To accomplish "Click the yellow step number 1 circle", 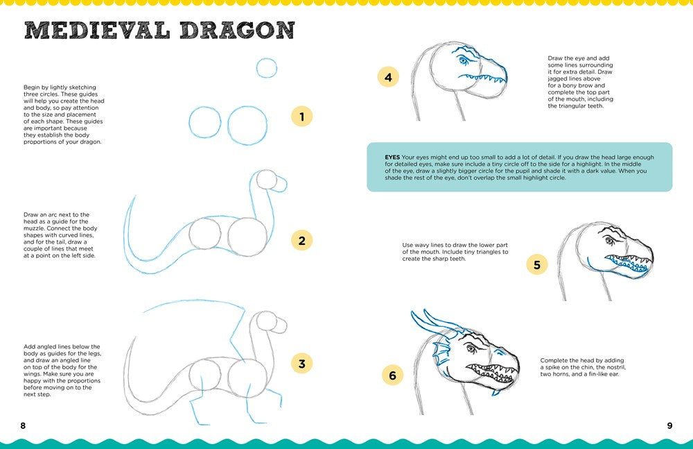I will [x=302, y=116].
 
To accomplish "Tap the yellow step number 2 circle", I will [x=302, y=241].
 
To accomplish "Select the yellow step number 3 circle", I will [x=301, y=363].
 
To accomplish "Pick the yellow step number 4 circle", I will [x=388, y=77].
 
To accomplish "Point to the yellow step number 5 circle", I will [x=537, y=264].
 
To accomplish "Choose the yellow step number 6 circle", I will [x=392, y=375].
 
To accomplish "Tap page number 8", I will [x=23, y=425].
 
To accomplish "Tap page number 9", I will [x=669, y=425].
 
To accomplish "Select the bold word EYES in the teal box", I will [x=392, y=157].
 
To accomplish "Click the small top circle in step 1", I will [x=267, y=67].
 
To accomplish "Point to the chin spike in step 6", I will [x=496, y=393].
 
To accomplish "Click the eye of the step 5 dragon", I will [x=611, y=241].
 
